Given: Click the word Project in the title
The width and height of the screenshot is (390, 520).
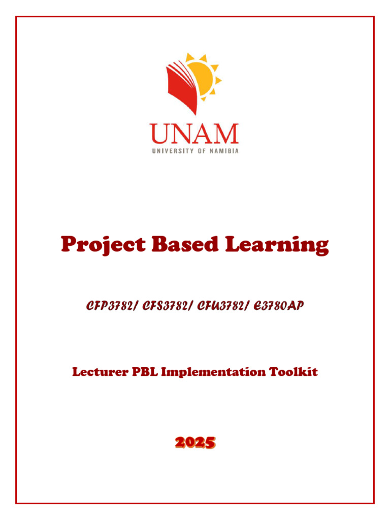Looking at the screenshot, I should (x=102, y=245).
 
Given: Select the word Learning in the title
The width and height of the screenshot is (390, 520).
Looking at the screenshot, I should (x=277, y=245).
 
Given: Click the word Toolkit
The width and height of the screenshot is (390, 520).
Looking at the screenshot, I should (x=297, y=372).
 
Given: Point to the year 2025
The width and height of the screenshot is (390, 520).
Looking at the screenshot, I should (x=195, y=443).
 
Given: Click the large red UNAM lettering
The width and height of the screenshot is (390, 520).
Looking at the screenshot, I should (x=194, y=134).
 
